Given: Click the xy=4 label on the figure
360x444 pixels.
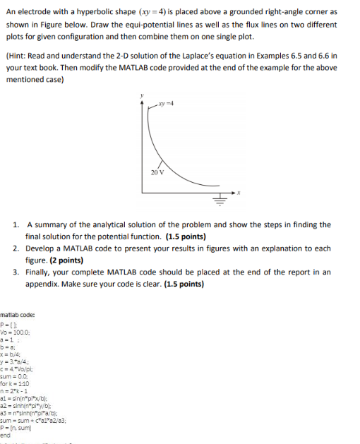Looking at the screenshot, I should coord(168,102).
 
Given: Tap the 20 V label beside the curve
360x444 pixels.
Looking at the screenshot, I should coord(157,172).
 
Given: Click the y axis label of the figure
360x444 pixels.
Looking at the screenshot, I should coord(143,94).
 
